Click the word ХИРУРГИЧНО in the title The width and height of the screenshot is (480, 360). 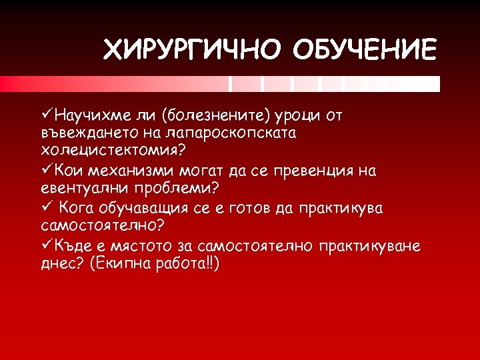(188, 50)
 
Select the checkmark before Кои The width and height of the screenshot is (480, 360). (47, 171)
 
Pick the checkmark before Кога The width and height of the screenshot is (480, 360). (47, 208)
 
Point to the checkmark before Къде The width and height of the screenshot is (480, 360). (47, 245)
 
